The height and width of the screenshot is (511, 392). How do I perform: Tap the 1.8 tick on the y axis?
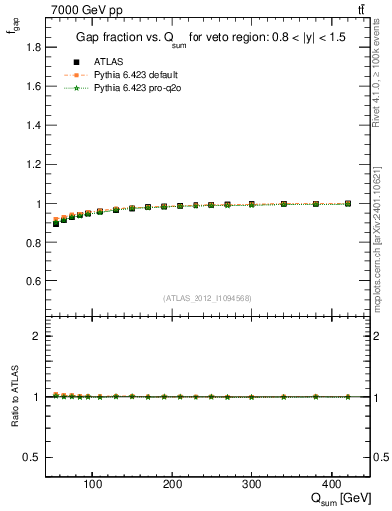point(34,47)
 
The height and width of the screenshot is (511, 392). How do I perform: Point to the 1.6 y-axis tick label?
point(34,86)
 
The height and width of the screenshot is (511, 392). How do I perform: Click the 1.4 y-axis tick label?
point(34,125)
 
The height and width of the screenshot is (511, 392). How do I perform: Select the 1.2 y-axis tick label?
point(34,164)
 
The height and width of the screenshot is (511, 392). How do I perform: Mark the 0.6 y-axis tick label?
point(34,281)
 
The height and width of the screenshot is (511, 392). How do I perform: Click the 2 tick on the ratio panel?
point(37,336)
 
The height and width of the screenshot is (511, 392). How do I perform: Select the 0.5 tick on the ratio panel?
point(34,457)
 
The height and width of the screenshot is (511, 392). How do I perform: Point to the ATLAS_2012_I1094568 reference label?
point(206,298)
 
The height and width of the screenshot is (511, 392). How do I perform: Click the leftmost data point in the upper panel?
point(56,223)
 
